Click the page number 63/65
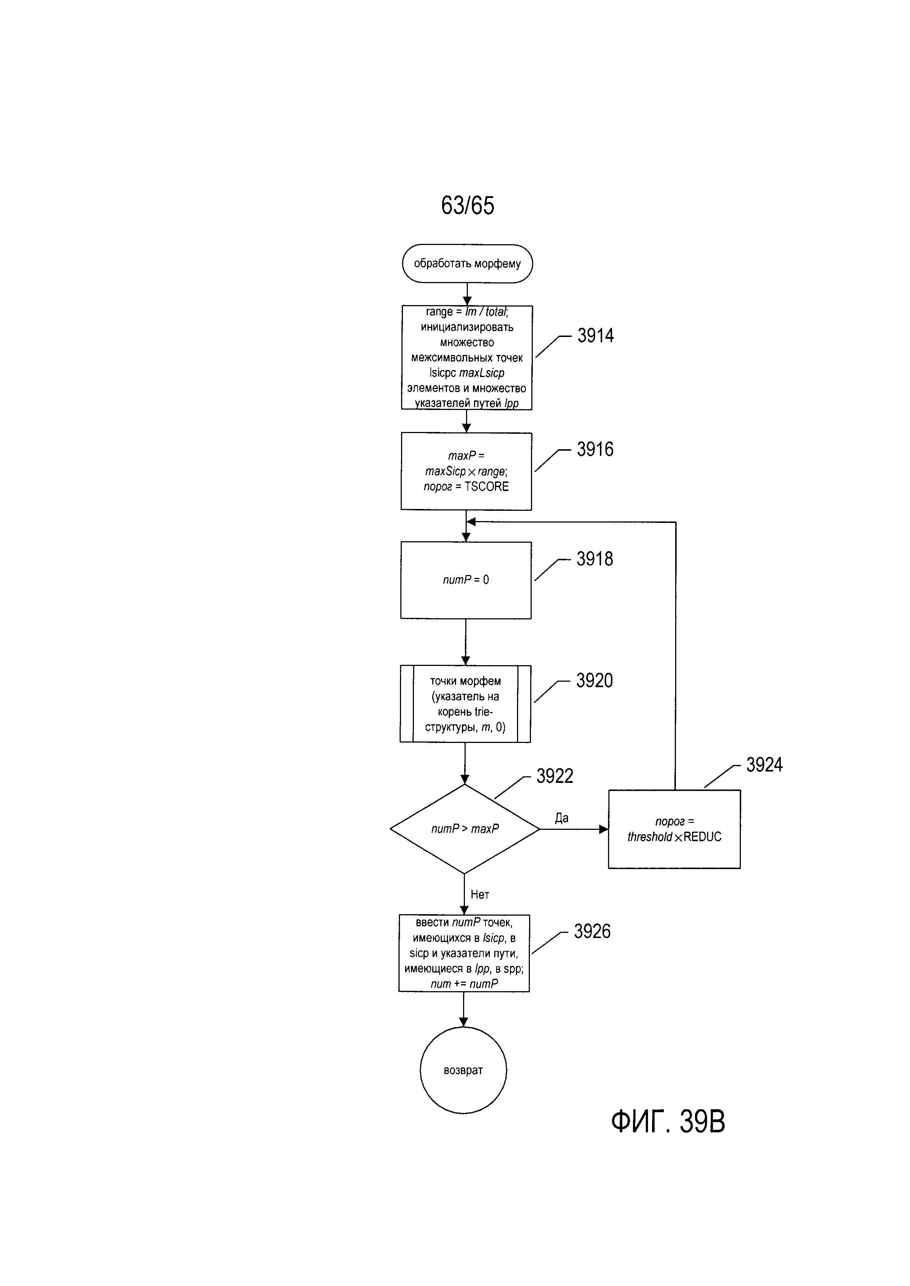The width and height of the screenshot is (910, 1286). click(x=467, y=206)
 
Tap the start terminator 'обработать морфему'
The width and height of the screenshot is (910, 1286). click(x=467, y=263)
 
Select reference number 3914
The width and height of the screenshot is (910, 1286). click(x=596, y=336)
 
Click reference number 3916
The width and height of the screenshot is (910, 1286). click(x=595, y=449)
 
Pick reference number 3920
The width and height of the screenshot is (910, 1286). click(x=594, y=681)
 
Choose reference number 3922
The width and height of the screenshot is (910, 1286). click(x=555, y=776)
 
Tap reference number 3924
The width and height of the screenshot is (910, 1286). click(x=764, y=765)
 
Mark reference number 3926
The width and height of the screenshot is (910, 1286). click(x=592, y=931)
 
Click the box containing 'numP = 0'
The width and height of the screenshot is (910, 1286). click(x=466, y=580)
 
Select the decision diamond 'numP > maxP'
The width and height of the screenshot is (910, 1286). click(x=465, y=829)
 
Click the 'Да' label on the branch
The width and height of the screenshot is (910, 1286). click(x=561, y=818)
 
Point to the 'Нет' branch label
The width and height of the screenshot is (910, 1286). click(x=480, y=894)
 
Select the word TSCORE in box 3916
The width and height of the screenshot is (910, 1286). click(x=487, y=487)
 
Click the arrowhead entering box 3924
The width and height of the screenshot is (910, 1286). click(x=604, y=829)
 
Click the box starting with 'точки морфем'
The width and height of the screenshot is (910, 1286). click(x=465, y=704)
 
